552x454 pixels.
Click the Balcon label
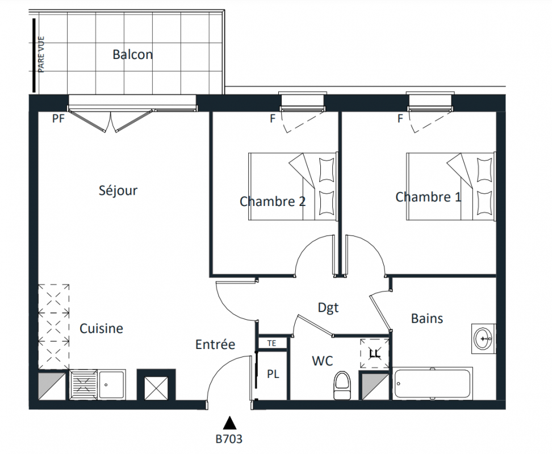133,54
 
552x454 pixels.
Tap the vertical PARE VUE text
41,54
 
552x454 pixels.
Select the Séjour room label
118,190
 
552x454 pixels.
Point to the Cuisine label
102,329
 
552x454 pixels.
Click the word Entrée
215,344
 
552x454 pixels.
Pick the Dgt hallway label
328,308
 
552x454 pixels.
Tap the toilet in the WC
342,385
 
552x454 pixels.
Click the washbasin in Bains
483,338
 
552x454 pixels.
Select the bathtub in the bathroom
433,384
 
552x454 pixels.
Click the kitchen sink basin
112,384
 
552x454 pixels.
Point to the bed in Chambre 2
293,186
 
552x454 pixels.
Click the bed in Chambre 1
451,186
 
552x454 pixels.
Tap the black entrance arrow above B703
229,423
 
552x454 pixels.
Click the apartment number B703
229,439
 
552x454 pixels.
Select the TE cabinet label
271,343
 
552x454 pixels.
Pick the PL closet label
273,374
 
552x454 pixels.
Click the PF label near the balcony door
58,119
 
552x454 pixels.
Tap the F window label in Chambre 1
400,119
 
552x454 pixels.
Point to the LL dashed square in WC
375,354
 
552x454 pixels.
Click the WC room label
323,361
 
